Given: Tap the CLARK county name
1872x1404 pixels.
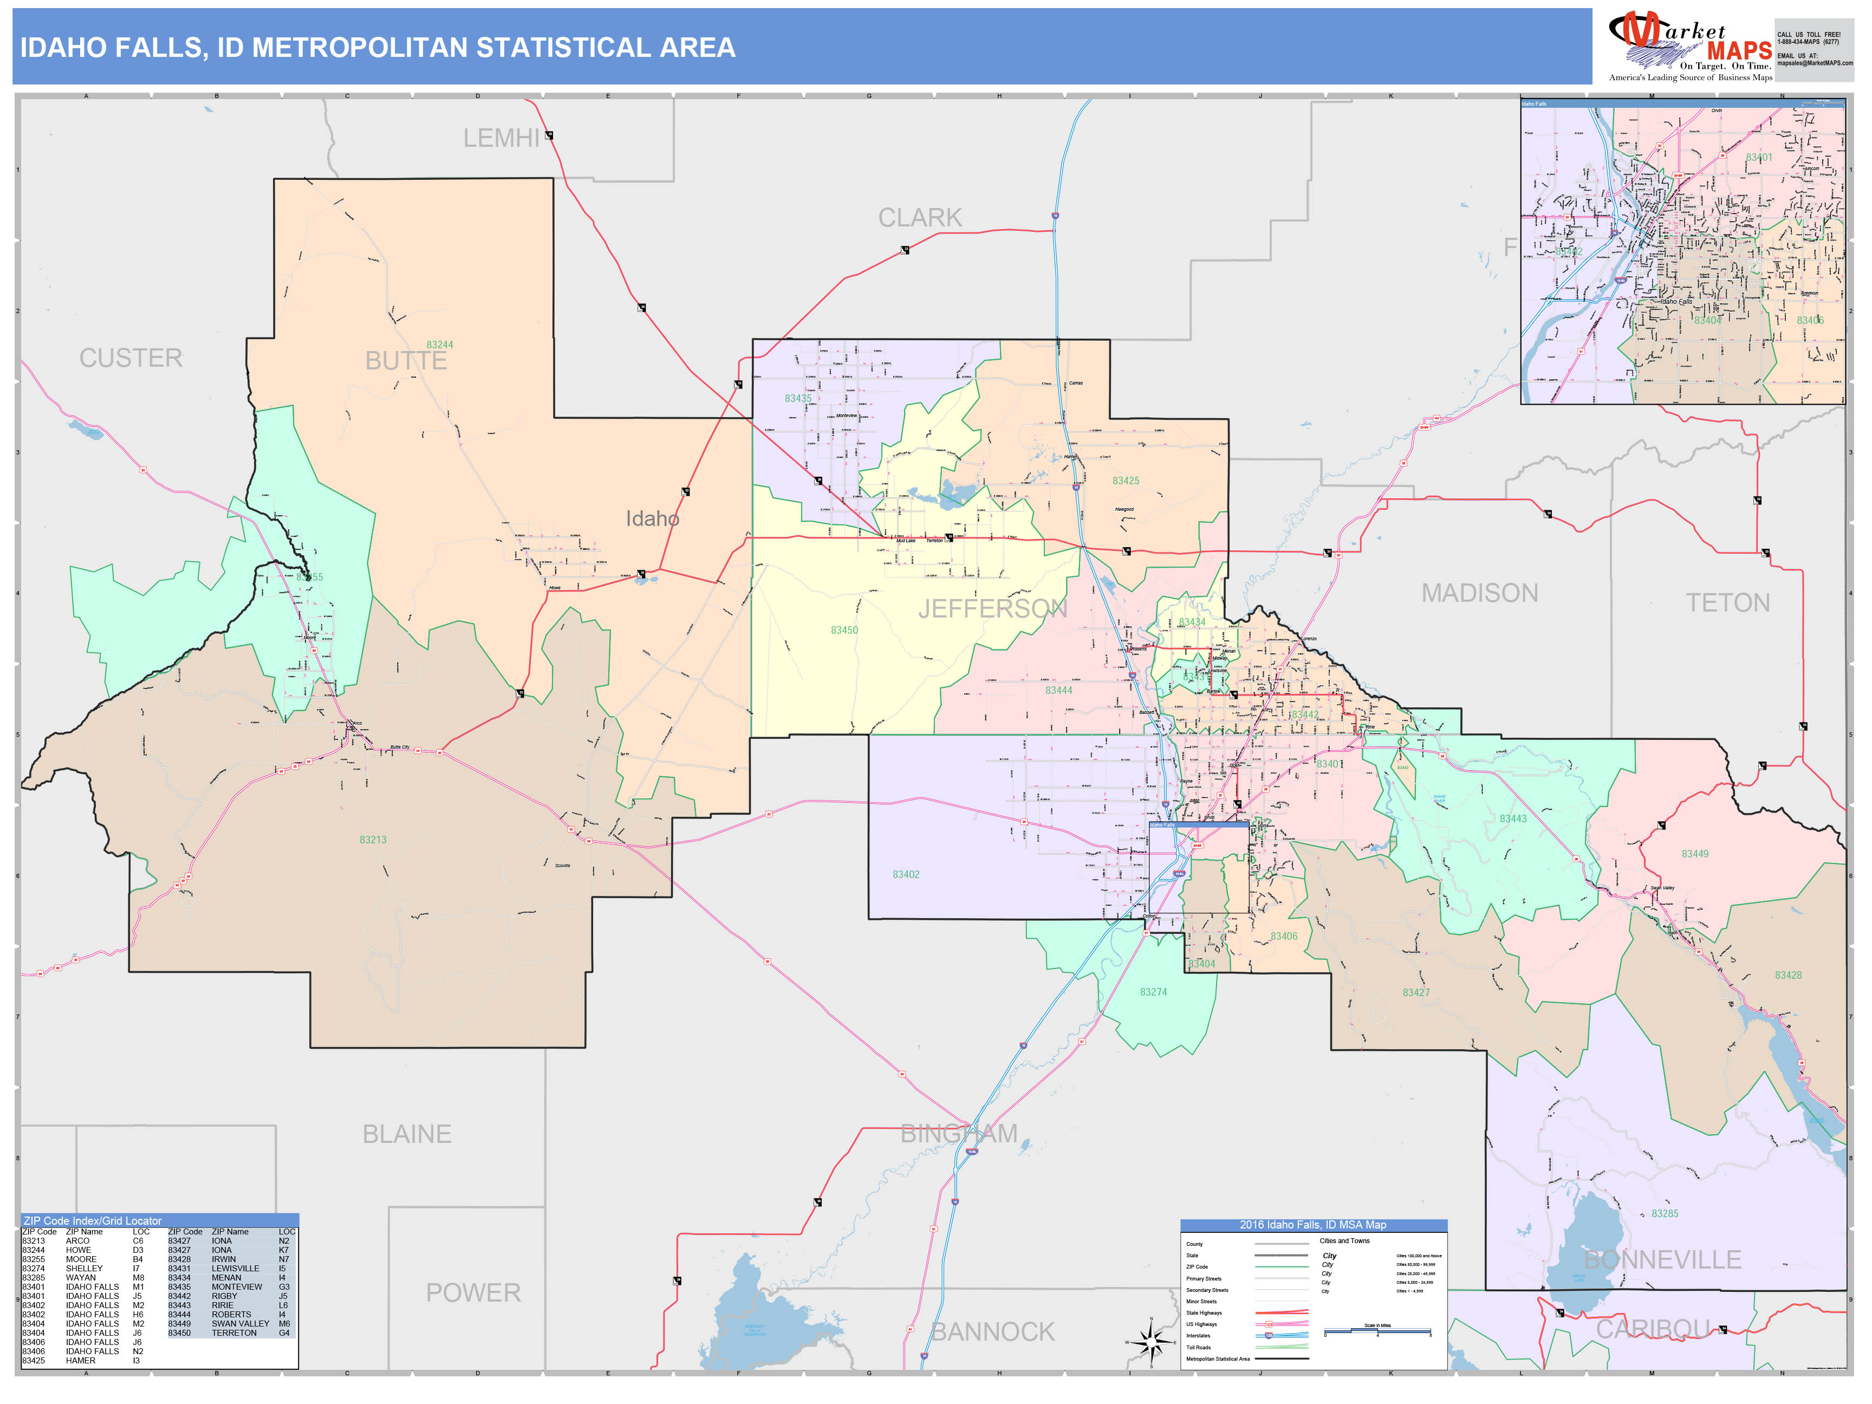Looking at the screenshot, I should pos(920,218).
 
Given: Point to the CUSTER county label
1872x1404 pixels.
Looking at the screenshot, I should pos(131,358).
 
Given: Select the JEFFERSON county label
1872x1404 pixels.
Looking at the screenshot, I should pos(993,608).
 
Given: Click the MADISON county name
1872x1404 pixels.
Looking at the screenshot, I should pos(1479,593).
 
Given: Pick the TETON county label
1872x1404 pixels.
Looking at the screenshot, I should pos(1727,602).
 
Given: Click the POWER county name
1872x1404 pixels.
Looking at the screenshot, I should pos(473,1292).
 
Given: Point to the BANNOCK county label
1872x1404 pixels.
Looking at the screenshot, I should pos(993,1331).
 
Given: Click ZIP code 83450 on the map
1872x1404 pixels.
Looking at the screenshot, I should pos(844,630).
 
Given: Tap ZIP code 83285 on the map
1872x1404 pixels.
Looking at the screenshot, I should pos(1665,1213).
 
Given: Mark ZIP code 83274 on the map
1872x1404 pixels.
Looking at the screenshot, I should pos(1153,992).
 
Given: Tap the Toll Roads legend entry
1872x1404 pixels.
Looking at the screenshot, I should pos(1198,1347).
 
